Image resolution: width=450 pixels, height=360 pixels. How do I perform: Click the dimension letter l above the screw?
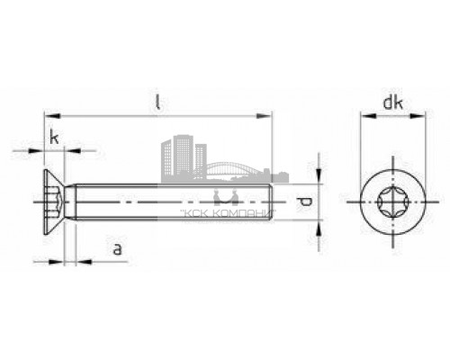pos(157,104)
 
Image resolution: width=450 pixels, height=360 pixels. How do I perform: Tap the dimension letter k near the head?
pos(55,138)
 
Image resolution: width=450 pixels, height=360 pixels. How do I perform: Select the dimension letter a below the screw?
pos(117,248)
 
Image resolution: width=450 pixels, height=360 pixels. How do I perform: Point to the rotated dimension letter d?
pos(303,202)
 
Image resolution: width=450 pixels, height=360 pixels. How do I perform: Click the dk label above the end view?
pos(391,103)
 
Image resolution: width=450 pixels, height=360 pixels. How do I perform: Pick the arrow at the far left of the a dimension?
pos(37,262)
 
